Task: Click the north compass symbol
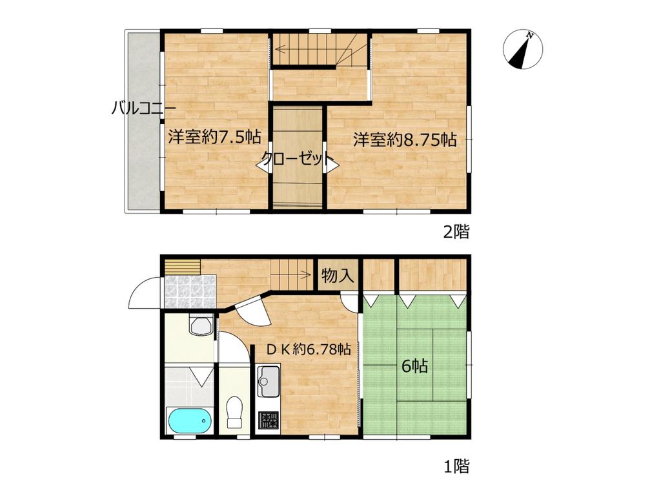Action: click(x=523, y=50)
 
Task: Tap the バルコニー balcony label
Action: click(x=143, y=108)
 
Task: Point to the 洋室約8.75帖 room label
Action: click(x=405, y=139)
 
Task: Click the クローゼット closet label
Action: click(x=297, y=159)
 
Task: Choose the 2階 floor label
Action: click(x=456, y=232)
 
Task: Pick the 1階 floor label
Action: click(x=456, y=466)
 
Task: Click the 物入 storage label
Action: click(x=338, y=276)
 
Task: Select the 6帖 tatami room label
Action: click(x=415, y=366)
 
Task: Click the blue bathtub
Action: click(x=190, y=420)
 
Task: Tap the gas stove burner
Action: click(x=268, y=420)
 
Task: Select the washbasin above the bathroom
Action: click(x=201, y=325)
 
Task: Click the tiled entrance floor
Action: click(x=190, y=291)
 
